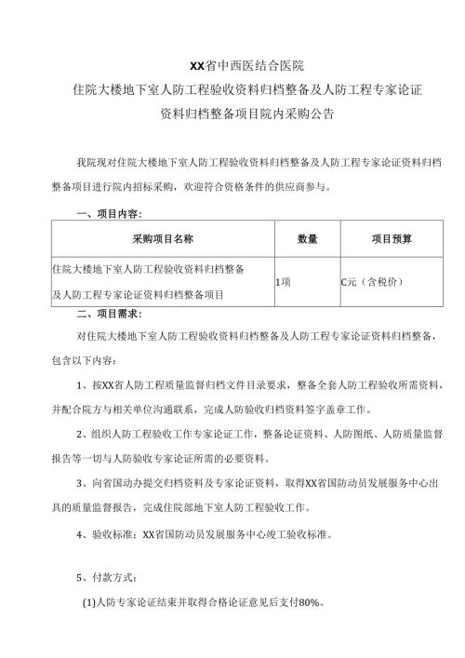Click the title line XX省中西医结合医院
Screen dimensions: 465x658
233,67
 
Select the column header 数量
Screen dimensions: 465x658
308,239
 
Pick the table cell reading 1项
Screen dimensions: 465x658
284,281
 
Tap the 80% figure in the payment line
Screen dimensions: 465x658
308,602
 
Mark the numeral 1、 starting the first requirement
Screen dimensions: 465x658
82,383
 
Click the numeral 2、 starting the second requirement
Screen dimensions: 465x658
82,434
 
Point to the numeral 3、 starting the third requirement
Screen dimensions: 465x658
82,484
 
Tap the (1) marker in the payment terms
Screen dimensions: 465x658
90,602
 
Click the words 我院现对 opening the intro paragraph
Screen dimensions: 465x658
95,161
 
